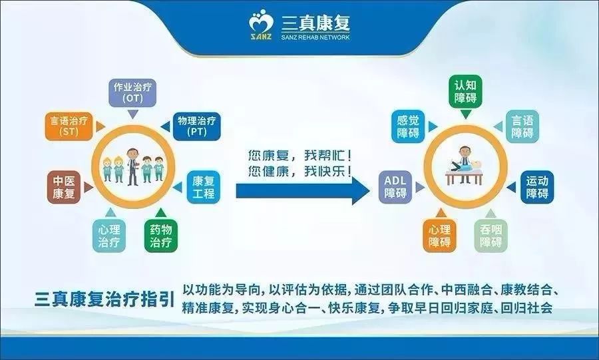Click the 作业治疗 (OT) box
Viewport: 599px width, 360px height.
pos(132,92)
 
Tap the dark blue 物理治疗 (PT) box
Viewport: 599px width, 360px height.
pos(196,126)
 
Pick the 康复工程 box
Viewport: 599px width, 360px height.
pos(203,187)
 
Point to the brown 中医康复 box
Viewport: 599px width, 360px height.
pos(65,187)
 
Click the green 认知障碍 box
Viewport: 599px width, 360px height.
pos(465,92)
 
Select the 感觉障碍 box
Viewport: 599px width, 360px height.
pos(408,126)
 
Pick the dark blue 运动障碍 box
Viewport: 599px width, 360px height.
pos(536,187)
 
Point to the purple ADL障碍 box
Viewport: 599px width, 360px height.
pos(395,187)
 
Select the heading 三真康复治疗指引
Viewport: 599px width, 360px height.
pos(104,299)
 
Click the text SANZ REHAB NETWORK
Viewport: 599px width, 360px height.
pos(315,37)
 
